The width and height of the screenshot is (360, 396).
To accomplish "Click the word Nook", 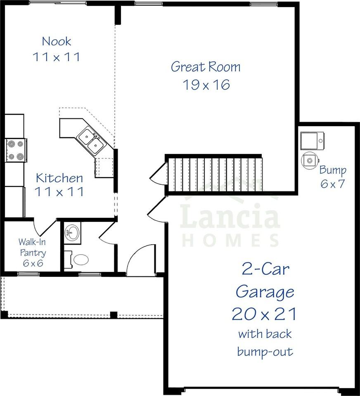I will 57,41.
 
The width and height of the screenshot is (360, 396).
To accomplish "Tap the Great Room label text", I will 206,66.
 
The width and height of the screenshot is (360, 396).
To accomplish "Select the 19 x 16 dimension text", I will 206,85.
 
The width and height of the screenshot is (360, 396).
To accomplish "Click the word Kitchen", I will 59,178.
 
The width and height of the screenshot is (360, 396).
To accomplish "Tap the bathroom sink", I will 73,233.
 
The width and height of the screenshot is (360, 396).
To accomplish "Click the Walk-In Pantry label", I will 32,247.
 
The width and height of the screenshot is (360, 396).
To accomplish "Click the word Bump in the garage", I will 333,170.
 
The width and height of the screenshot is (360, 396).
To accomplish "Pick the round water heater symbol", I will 310,160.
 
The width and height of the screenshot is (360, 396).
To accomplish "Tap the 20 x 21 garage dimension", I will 264,314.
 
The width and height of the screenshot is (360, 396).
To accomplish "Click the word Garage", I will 265,292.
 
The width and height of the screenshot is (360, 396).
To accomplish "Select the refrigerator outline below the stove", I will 15,201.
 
